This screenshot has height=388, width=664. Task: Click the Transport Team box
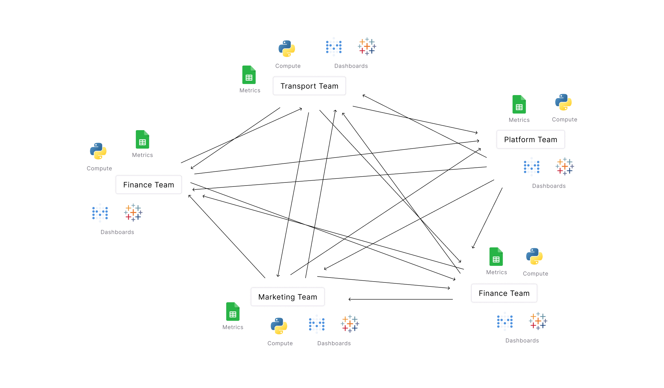pos(309,86)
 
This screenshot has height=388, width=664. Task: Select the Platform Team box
pos(531,139)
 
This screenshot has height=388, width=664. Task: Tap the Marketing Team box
pos(287,297)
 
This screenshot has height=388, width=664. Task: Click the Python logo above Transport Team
pos(287,49)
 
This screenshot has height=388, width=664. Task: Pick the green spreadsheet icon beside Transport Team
pos(249,75)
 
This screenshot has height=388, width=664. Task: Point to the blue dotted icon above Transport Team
pos(334,47)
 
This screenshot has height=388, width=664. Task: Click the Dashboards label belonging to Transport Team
pos(351,66)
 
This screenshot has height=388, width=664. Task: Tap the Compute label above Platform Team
pos(564,119)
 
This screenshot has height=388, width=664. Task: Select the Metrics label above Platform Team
pos(519,120)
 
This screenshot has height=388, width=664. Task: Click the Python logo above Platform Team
pos(563,102)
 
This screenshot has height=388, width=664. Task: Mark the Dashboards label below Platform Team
pos(549,186)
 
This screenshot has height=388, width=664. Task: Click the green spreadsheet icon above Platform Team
pos(519,104)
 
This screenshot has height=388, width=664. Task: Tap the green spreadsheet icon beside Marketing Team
pos(233,312)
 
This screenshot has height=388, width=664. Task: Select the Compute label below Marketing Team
pos(280,343)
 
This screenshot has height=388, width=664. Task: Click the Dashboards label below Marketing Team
pos(334,343)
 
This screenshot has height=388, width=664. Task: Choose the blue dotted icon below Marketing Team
pos(317,324)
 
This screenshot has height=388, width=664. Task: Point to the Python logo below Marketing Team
pos(279,326)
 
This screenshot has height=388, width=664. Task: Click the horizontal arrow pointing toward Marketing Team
pos(401,299)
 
